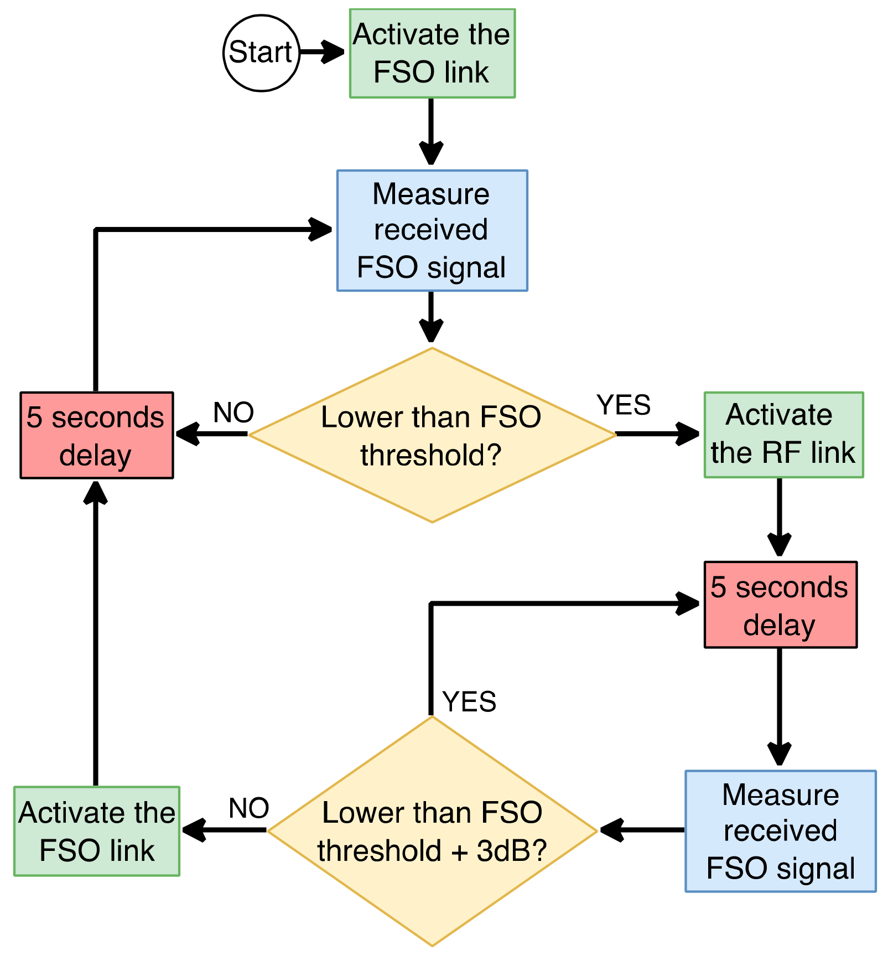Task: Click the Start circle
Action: [261, 53]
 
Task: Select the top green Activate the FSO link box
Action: [432, 53]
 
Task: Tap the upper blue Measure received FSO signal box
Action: [432, 230]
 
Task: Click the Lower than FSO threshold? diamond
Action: [432, 435]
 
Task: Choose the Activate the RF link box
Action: [783, 435]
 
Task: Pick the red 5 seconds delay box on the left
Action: [97, 435]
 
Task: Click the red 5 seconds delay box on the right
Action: [780, 605]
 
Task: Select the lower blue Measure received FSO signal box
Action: [780, 830]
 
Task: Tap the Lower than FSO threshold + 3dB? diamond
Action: [432, 830]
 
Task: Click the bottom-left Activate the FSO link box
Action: [97, 830]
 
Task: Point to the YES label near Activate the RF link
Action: [624, 405]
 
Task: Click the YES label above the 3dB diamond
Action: [469, 702]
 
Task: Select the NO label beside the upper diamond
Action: [233, 412]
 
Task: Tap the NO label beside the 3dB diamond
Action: [249, 808]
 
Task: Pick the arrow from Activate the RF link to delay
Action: [779, 518]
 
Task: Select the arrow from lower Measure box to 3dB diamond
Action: [642, 830]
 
